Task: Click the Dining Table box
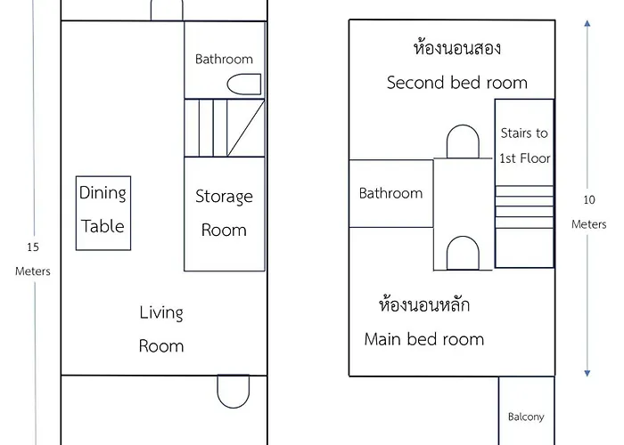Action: point(103,213)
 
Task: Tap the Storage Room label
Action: point(224,213)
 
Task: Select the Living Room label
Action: point(161,328)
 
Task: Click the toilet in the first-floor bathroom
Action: point(244,85)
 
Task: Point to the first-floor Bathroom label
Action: point(224,59)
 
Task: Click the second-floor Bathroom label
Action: point(390,193)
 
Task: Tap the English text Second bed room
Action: point(456,83)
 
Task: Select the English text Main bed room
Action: point(424,339)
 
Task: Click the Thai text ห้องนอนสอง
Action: point(450,47)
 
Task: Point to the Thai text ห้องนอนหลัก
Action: point(424,306)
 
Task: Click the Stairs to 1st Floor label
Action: point(524,145)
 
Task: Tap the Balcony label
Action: point(526,417)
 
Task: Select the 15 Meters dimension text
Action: point(33,258)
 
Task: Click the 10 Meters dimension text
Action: point(588,212)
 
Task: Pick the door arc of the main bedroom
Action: point(463,253)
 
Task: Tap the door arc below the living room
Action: point(233,392)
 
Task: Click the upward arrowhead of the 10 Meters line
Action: point(587,25)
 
